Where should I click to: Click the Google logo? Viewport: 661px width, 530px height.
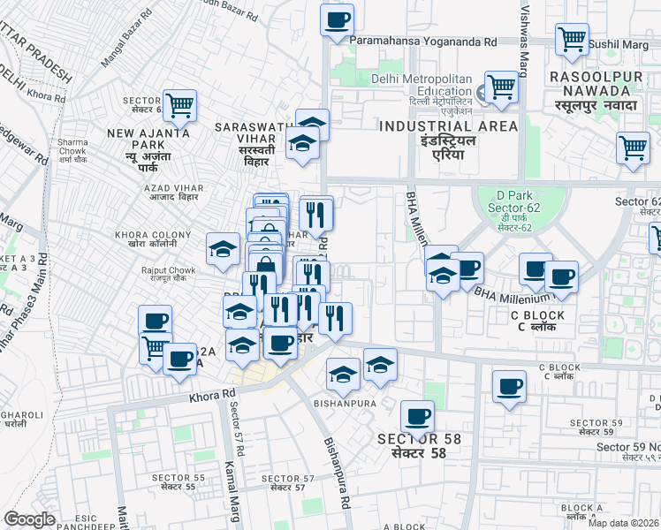point(30,519)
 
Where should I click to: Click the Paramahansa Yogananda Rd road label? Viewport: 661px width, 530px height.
point(423,42)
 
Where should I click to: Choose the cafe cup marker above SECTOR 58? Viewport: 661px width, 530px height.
point(417,415)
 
